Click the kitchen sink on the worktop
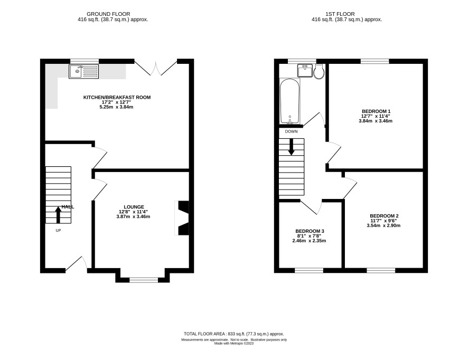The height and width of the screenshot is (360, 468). point(83,71)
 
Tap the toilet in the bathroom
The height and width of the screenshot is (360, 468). point(319,72)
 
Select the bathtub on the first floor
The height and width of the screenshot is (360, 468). point(289,101)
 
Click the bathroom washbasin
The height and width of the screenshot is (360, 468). point(305,71)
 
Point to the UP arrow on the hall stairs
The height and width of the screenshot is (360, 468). point(58,215)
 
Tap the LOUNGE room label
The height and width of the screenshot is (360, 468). point(134,207)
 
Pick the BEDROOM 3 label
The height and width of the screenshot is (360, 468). point(310,231)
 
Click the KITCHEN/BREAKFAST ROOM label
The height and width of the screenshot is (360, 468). point(117,97)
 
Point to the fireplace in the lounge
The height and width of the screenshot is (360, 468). point(182,218)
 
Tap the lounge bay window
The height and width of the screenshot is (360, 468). point(144,280)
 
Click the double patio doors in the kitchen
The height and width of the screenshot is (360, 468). point(155,68)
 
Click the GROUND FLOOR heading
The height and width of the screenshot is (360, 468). point(108,14)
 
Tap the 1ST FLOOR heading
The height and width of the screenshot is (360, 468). point(340,14)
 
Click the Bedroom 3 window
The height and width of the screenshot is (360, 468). point(309,270)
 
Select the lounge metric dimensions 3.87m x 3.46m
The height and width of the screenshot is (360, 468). point(133,216)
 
